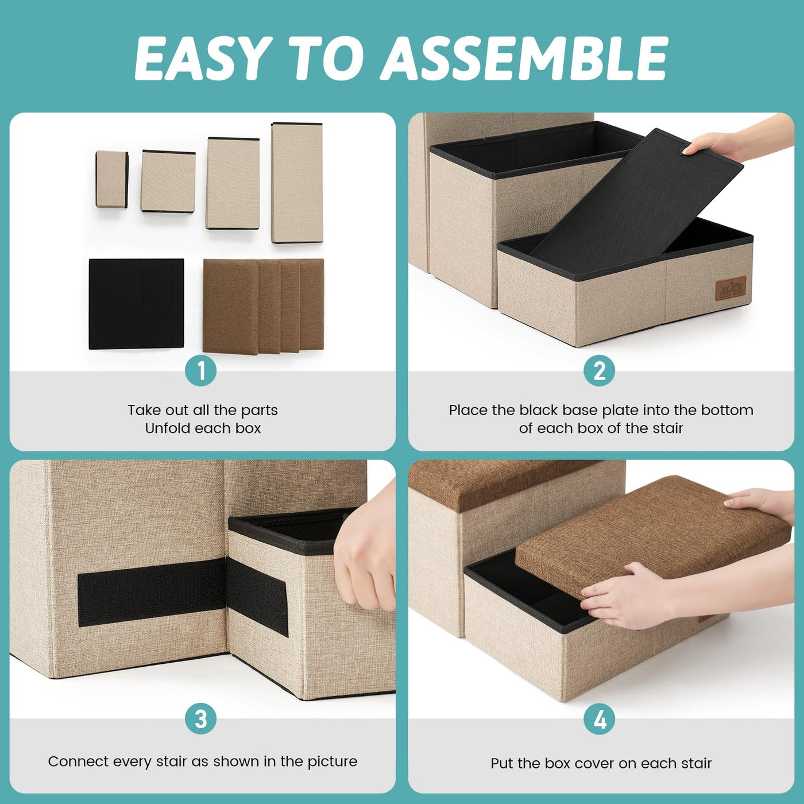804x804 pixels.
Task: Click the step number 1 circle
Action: (x=201, y=370)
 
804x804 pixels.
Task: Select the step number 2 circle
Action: (x=599, y=370)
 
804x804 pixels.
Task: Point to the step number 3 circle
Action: (x=201, y=719)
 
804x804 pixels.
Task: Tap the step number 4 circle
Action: (x=599, y=719)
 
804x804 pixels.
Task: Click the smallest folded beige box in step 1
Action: (x=112, y=179)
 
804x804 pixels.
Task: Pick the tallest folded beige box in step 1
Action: (x=297, y=183)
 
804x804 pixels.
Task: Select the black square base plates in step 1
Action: (x=137, y=304)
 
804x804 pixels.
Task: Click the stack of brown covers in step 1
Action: (x=263, y=306)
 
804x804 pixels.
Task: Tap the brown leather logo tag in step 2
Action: (x=730, y=288)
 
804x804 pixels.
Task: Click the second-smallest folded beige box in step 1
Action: (x=168, y=181)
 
